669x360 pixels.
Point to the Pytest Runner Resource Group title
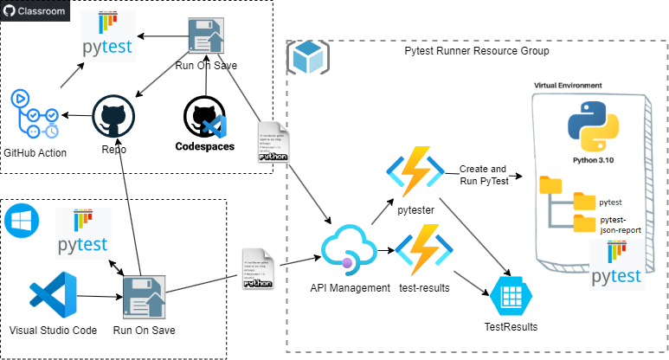(476, 51)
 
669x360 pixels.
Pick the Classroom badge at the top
(35, 12)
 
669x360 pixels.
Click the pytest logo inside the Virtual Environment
(617, 264)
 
